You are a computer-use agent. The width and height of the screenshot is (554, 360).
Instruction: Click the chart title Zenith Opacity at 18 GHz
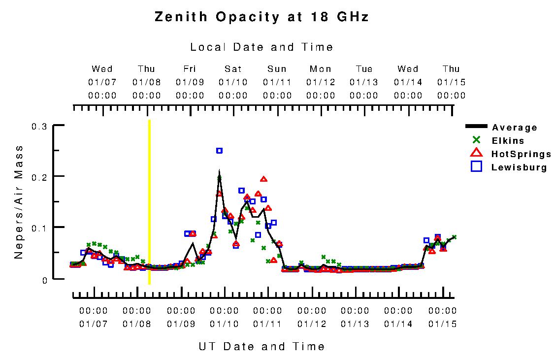tap(261, 17)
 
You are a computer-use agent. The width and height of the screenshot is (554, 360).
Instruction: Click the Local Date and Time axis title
tap(261, 47)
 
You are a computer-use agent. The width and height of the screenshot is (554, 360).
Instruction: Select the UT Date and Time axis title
tap(261, 346)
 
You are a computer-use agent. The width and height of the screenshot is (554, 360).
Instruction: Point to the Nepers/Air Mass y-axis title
tap(19, 202)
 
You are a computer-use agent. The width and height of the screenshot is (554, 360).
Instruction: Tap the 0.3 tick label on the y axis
tap(39, 127)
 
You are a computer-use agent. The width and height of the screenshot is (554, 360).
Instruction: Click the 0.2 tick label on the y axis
tap(39, 177)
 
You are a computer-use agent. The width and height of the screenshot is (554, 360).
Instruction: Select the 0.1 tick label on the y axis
tap(39, 228)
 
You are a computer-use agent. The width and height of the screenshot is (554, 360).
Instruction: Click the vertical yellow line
tap(149, 202)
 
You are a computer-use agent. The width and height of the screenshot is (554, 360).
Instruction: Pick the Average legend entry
tap(515, 128)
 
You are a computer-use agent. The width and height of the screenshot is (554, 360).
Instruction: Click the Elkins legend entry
tap(508, 141)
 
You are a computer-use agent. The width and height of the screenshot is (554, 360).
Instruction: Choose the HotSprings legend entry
tap(521, 154)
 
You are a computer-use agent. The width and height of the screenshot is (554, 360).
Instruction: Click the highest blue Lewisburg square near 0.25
tap(219, 151)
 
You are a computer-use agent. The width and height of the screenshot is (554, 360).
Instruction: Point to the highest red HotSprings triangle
tap(263, 179)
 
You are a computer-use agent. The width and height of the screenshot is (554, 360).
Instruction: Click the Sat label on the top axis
tap(233, 69)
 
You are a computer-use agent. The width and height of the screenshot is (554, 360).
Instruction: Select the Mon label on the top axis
tap(321, 69)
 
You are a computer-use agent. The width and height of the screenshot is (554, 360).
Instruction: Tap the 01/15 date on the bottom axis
tap(442, 324)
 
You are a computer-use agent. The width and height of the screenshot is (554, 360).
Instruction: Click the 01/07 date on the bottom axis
tap(94, 324)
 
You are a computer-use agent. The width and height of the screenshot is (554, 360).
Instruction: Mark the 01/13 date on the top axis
tap(364, 82)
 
